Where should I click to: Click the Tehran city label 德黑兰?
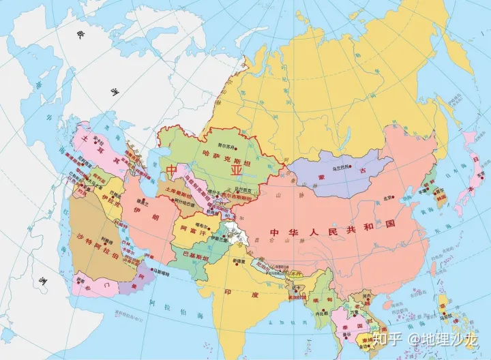[x=143, y=202]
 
